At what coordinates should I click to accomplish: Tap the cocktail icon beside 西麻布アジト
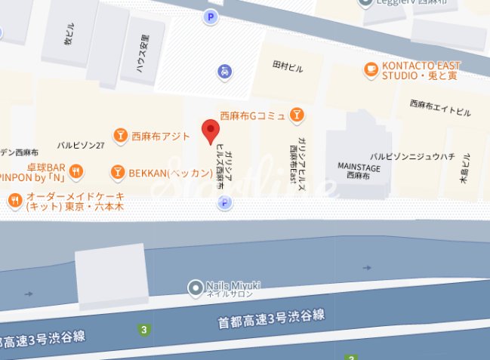[119, 136]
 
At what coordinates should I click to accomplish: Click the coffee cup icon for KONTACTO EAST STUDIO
[370, 69]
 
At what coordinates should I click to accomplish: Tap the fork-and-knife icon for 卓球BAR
[76, 173]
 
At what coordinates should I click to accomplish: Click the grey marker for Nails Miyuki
[194, 287]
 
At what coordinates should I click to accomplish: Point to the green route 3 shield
[143, 329]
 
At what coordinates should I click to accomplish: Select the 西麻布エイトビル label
[440, 108]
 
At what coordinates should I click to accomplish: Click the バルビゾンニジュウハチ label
[412, 158]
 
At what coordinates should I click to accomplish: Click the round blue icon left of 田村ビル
[225, 72]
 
